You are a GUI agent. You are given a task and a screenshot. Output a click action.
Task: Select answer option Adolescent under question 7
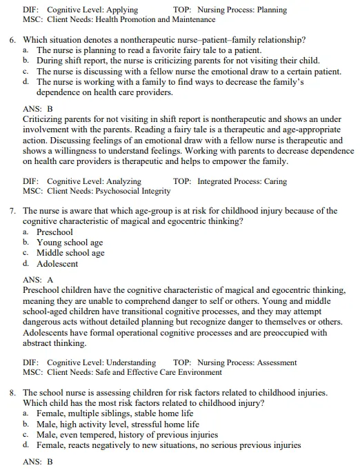[x=57, y=263]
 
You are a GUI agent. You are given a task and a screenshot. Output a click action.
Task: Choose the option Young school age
[x=70, y=243]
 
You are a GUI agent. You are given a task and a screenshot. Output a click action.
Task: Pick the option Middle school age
[x=70, y=253]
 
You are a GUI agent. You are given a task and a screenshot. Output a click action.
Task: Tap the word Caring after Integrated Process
[x=272, y=181]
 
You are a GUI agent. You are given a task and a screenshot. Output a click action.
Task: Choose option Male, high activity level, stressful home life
[x=118, y=425]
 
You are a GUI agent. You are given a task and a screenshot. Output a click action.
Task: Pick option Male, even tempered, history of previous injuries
[x=128, y=435]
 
